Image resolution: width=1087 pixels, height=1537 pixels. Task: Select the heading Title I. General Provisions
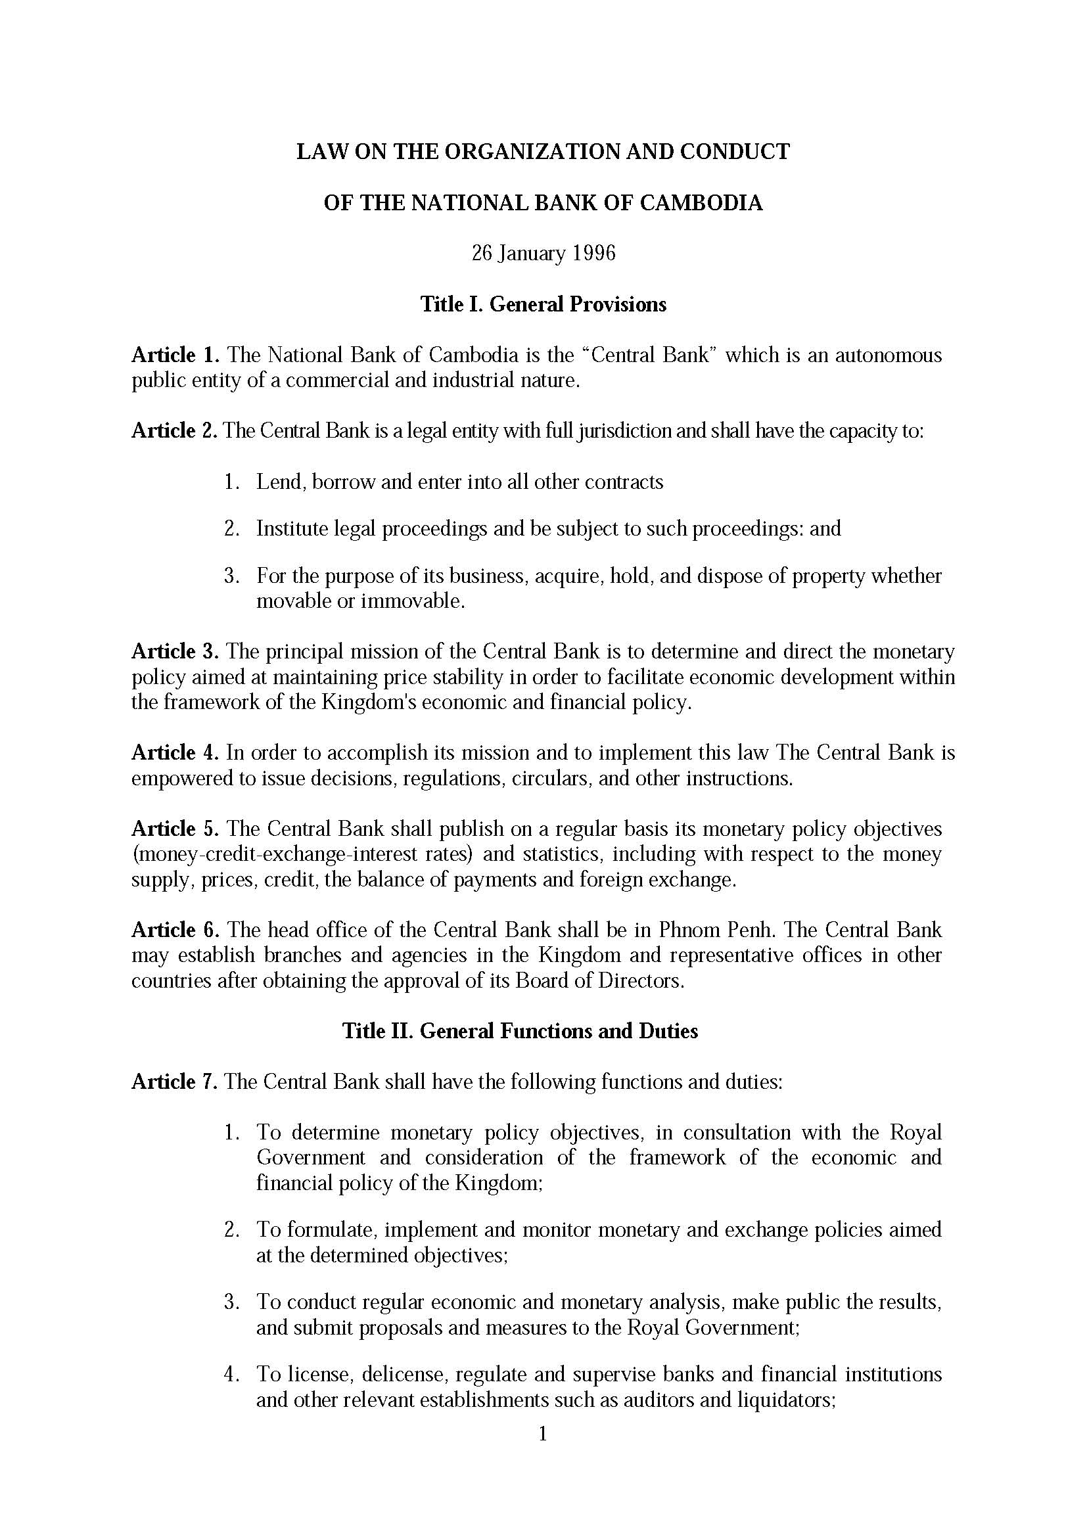tap(543, 305)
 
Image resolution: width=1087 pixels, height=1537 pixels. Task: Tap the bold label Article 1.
tap(175, 355)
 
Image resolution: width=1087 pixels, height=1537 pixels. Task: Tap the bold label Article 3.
tap(175, 651)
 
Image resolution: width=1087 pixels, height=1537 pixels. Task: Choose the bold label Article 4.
tap(175, 753)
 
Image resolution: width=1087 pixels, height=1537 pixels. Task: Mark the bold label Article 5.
tap(175, 829)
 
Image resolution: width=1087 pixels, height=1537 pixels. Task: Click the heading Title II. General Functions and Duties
tap(519, 1031)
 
